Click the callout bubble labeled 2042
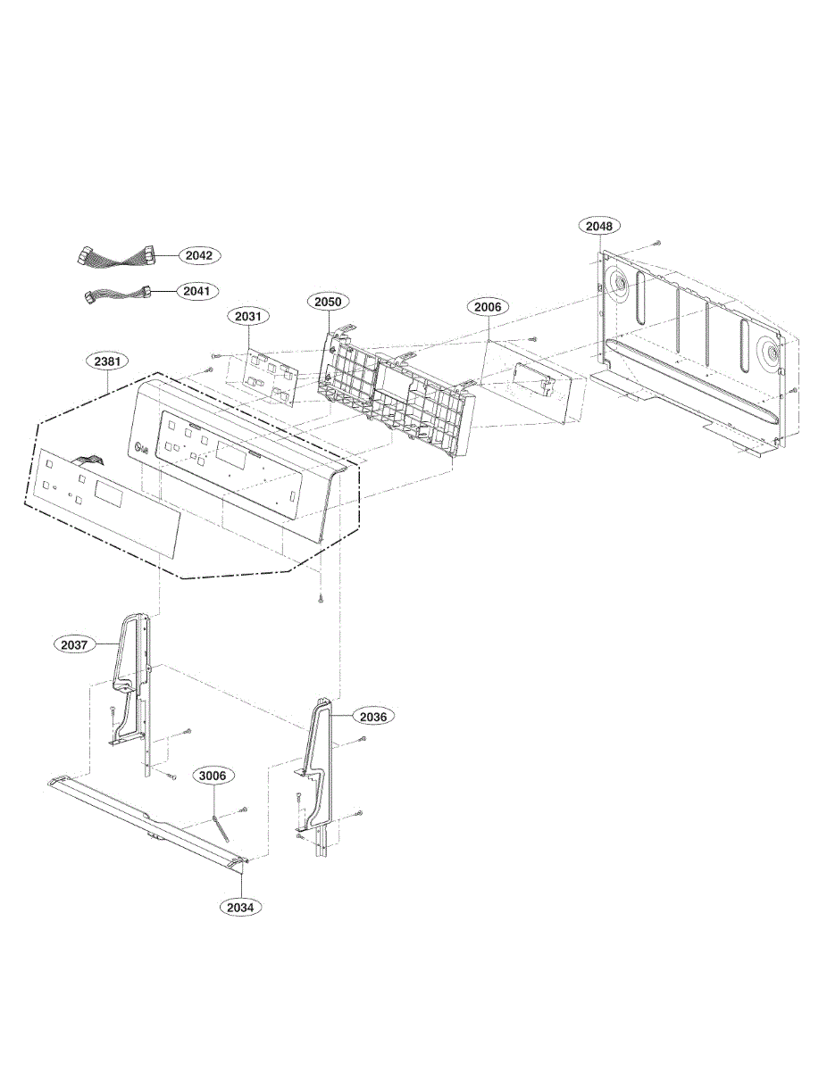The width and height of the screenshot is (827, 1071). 199,255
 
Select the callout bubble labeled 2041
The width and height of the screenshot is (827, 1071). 196,291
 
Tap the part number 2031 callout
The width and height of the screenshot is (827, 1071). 248,316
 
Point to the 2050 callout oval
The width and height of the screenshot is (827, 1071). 328,302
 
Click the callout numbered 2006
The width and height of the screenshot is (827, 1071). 488,308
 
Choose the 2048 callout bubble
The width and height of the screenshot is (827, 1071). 598,226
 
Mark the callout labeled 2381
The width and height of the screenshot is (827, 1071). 107,361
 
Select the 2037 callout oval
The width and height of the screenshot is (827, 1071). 74,644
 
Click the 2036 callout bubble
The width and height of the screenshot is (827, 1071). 373,717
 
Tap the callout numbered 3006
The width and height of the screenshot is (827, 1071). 213,776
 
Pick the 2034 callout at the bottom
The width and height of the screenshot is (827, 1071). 241,907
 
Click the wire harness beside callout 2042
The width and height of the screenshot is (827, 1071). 116,257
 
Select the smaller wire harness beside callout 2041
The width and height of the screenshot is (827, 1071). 117,295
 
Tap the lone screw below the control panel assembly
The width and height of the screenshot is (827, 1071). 321,598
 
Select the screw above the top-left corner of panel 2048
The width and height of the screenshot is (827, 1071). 658,243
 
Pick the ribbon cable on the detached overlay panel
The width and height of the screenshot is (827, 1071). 88,461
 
